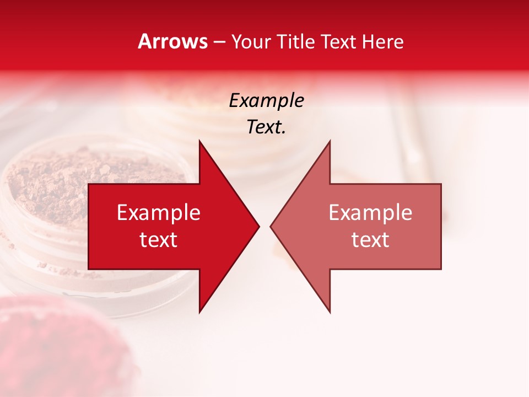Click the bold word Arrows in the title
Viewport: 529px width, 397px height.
pyautogui.click(x=172, y=41)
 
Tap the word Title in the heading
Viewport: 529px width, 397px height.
pyautogui.click(x=295, y=41)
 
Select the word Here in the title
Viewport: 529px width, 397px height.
pyautogui.click(x=382, y=41)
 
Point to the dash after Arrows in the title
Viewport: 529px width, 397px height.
pyautogui.click(x=219, y=42)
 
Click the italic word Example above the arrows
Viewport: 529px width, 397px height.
pyautogui.click(x=266, y=100)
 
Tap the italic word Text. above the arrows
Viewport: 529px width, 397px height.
pyautogui.click(x=266, y=127)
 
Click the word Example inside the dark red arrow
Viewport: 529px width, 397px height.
pyautogui.click(x=159, y=212)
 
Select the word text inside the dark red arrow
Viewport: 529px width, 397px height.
pyautogui.click(x=159, y=239)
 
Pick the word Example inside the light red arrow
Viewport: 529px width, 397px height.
pyautogui.click(x=370, y=212)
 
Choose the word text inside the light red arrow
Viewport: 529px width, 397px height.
pyautogui.click(x=370, y=239)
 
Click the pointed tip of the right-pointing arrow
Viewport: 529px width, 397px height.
pyautogui.click(x=258, y=226)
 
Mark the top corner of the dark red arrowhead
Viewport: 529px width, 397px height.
pyautogui.click(x=199, y=141)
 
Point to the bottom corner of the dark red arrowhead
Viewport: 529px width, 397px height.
pyautogui.click(x=199, y=312)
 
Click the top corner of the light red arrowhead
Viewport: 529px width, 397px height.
pyautogui.click(x=330, y=141)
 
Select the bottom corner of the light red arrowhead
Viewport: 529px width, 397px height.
pyautogui.click(x=330, y=312)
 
